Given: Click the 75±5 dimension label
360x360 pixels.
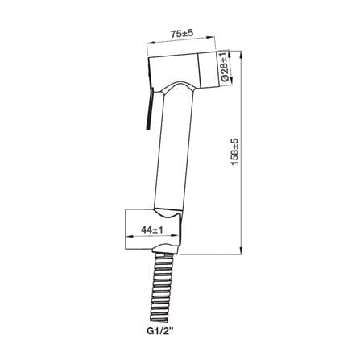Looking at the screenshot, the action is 182,34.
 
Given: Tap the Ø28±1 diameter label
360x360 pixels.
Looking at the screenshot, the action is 225,67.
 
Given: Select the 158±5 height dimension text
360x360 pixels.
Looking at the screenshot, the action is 234,152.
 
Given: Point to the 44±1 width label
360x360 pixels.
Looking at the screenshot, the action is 152,230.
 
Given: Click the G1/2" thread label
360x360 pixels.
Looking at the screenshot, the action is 160,330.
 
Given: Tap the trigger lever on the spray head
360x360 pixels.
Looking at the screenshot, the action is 150,108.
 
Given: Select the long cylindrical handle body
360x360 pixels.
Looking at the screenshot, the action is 174,151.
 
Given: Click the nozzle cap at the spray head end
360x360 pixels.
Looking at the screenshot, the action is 209,70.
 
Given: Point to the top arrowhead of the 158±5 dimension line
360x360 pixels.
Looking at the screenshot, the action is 242,54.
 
